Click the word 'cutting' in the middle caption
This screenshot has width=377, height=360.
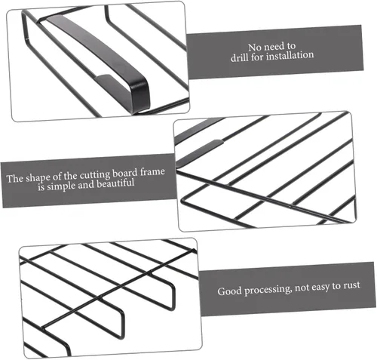click(x=95, y=175)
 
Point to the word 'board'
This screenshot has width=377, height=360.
click(x=125, y=174)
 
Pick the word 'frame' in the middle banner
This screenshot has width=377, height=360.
click(x=152, y=172)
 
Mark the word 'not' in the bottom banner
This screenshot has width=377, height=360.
click(x=302, y=288)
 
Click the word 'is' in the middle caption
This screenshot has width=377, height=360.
click(x=41, y=187)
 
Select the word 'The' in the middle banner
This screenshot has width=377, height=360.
click(x=15, y=179)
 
